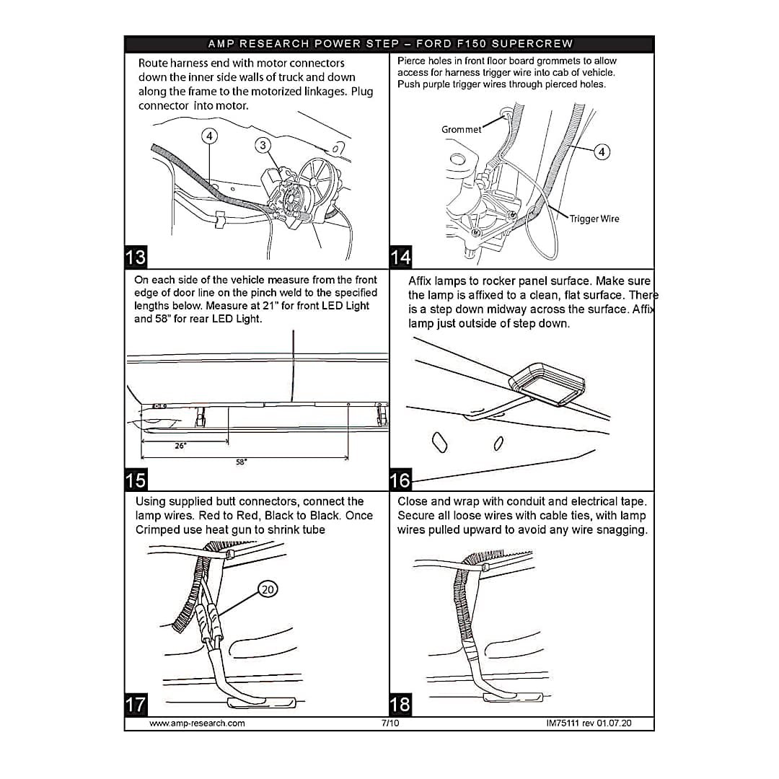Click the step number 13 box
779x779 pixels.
coord(136,257)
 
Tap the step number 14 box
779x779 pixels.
coord(401,257)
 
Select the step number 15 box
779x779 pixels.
coord(136,480)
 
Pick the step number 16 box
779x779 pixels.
coord(401,480)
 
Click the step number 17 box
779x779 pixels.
coord(136,704)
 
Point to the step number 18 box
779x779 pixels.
coord(401,704)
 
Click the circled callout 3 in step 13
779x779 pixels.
coord(263,145)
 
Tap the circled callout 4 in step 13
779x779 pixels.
coord(208,136)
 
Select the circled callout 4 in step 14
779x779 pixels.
coord(602,151)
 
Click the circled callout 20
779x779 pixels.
coord(268,590)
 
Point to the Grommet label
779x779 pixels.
coord(461,130)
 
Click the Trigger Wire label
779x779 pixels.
coord(594,219)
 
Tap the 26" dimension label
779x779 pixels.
coord(180,446)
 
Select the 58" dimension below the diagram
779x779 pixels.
coord(242,462)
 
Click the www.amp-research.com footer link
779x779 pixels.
coord(197,723)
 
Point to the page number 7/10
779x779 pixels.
coord(390,723)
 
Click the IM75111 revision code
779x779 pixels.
coord(589,723)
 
